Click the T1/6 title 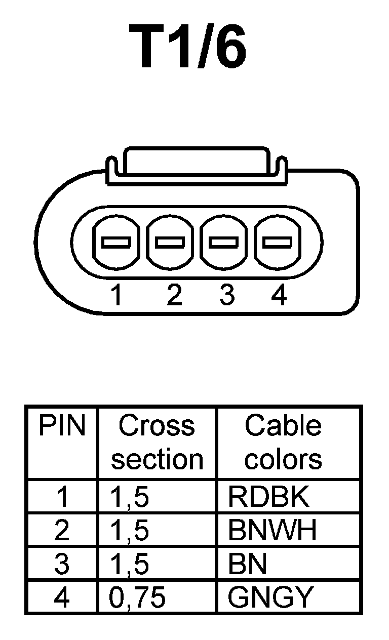(188, 47)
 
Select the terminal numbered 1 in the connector (116, 242)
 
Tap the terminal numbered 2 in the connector (170, 242)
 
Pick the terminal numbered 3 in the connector (224, 242)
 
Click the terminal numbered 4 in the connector (278, 242)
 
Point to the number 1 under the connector (117, 295)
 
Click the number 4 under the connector (279, 295)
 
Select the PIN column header (62, 427)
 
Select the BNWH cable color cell (273, 530)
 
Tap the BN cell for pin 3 (248, 564)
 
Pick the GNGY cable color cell (270, 597)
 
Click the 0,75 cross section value (137, 597)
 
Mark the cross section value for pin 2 (130, 530)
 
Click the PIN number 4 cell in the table (62, 597)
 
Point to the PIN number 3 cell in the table (62, 564)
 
